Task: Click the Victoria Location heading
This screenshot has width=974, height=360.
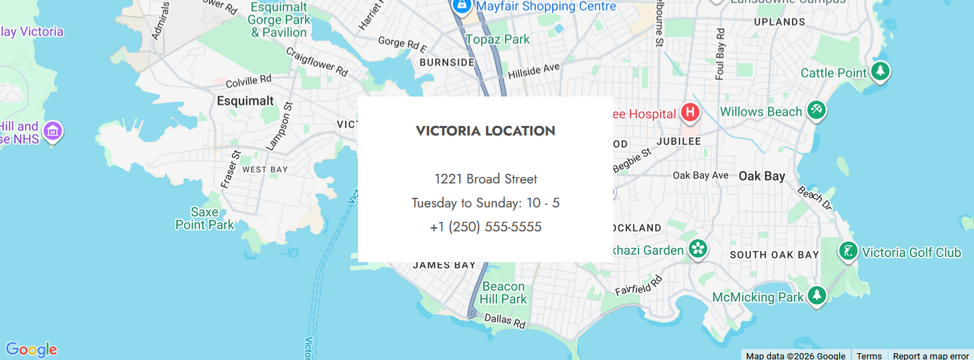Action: click(485, 131)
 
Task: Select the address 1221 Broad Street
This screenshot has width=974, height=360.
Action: click(485, 179)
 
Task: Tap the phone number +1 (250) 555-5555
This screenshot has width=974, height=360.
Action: click(485, 227)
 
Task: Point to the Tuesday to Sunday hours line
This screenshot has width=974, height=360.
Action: click(485, 203)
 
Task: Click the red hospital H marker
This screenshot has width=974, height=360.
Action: click(690, 112)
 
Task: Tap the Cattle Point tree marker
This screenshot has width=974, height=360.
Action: click(879, 71)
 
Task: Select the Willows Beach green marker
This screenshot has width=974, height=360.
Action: click(816, 110)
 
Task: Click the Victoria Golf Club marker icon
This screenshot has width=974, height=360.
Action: click(848, 251)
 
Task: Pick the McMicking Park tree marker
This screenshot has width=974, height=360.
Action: click(816, 296)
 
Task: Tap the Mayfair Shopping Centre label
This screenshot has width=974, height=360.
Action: click(546, 6)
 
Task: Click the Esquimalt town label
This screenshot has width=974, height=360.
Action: click(245, 101)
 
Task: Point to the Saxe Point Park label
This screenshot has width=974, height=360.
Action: click(204, 218)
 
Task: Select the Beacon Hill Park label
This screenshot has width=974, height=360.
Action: click(503, 292)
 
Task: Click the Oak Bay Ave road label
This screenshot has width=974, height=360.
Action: click(700, 176)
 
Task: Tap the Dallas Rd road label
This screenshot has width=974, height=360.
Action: click(504, 319)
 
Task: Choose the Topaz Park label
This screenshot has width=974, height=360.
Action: click(498, 40)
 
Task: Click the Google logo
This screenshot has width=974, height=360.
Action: click(31, 350)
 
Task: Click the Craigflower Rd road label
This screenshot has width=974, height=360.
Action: click(316, 62)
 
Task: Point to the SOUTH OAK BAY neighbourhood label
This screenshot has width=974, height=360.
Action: click(774, 255)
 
